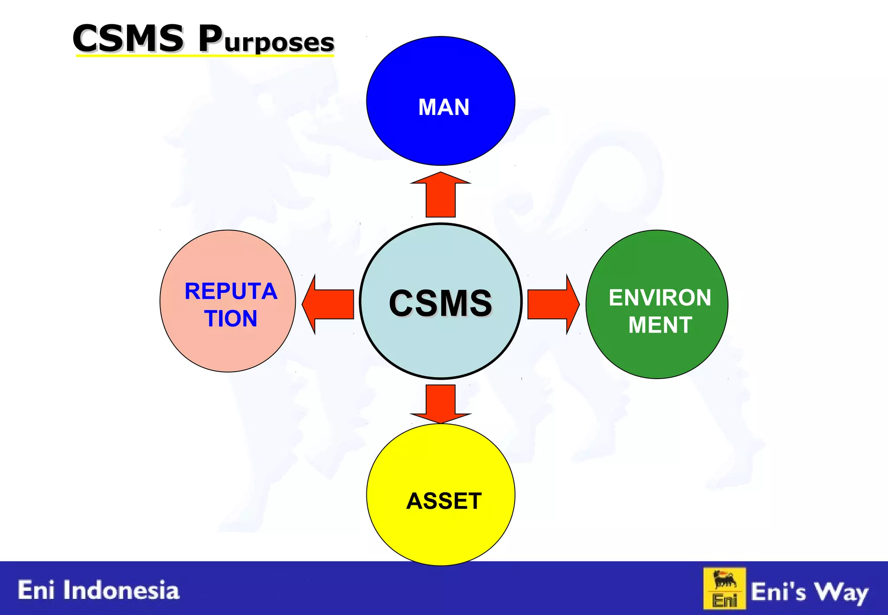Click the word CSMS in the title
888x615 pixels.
[x=128, y=39]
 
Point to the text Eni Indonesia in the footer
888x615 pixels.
[x=98, y=590]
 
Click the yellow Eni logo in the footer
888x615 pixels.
[x=724, y=589]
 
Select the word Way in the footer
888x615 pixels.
[x=841, y=592]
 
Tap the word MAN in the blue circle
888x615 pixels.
[x=444, y=107]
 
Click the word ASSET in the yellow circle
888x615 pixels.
[x=444, y=501]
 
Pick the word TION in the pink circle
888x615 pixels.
[x=231, y=318]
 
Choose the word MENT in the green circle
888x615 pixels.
[x=660, y=325]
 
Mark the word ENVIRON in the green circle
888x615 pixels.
[x=660, y=298]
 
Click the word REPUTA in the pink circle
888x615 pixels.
[x=231, y=291]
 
